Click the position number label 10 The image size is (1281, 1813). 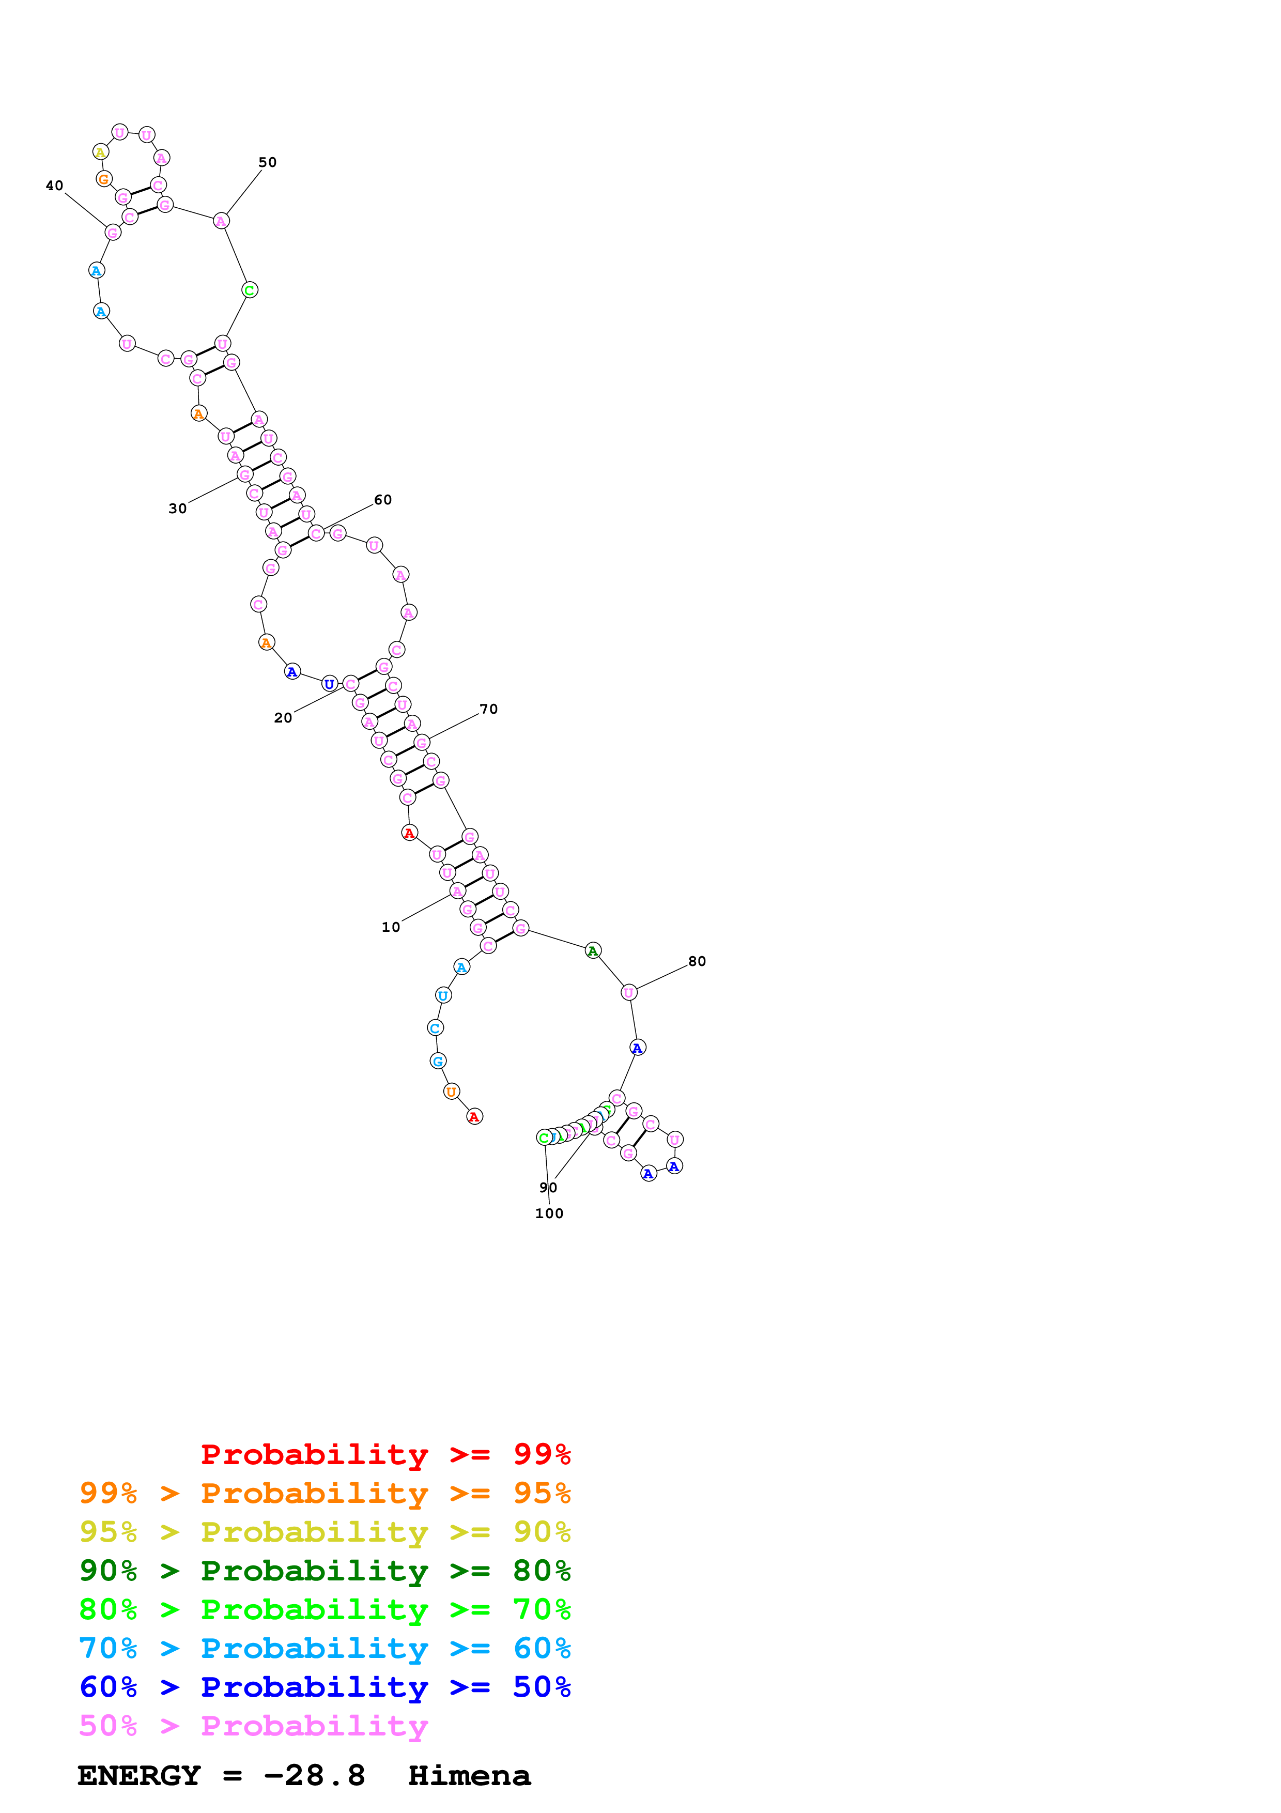tap(391, 927)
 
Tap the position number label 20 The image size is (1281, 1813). tap(283, 718)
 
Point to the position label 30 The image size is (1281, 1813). tap(178, 509)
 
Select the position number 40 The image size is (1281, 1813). tap(54, 186)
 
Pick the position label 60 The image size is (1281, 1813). tap(383, 500)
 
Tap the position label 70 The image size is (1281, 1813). tap(488, 709)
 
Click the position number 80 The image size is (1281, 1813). tap(697, 961)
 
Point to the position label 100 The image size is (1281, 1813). tap(549, 1213)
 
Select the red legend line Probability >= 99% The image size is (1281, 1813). tap(385, 1454)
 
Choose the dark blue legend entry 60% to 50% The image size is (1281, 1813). tap(325, 1687)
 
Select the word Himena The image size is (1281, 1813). tap(470, 1775)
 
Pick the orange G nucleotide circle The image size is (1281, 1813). tap(103, 179)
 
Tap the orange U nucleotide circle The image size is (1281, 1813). tap(451, 1092)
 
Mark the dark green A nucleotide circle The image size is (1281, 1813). tap(593, 951)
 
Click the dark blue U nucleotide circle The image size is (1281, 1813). tap(329, 684)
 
